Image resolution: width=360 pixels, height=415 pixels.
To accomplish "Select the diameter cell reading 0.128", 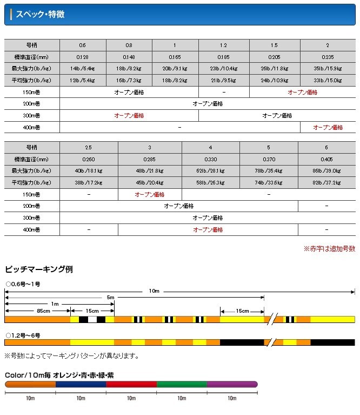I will click(82, 57).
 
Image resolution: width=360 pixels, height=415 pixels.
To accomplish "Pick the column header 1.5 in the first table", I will click(275, 45).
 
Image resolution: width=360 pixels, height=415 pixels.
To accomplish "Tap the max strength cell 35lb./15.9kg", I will click(328, 69).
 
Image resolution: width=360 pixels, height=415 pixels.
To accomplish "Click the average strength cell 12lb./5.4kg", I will click(82, 80).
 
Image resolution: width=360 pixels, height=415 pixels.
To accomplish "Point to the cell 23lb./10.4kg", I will click(223, 69).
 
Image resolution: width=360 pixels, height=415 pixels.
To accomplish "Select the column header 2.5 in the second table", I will click(89, 148).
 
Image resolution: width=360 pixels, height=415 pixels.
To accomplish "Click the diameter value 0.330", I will click(210, 160).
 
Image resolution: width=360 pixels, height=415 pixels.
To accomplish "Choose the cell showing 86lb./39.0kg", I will click(327, 171).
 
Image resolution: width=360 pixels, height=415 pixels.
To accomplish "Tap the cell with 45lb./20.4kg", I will click(150, 183).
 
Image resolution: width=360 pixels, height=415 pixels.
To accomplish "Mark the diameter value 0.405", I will click(327, 160).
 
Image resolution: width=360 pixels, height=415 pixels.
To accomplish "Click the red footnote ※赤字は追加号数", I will click(329, 249).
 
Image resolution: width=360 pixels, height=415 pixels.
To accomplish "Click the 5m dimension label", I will click(110, 298).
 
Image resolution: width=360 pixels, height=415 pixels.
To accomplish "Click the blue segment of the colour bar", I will click(81, 384).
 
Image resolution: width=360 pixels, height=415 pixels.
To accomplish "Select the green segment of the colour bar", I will click(182, 384).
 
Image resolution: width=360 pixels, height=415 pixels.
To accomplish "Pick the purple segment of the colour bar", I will click(232, 384).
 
